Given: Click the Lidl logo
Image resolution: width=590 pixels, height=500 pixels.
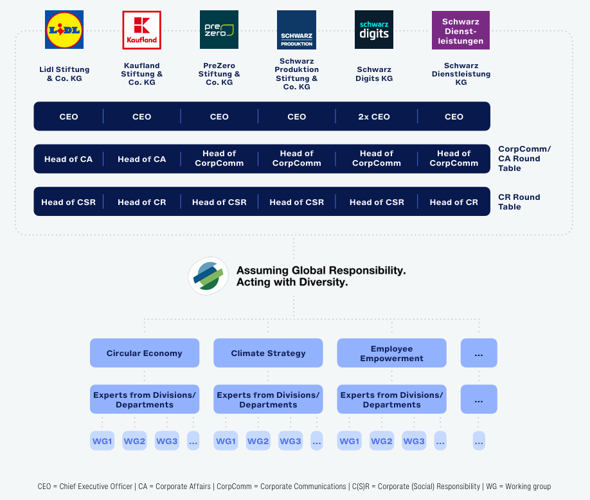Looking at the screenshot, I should (64, 30).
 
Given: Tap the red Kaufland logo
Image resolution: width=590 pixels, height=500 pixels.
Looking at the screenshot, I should (141, 30).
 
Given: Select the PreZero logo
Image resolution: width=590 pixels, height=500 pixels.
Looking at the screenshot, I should (219, 30).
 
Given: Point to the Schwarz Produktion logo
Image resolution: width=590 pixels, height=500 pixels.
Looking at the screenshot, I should (296, 30).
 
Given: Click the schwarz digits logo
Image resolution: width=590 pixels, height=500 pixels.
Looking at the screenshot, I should (374, 30).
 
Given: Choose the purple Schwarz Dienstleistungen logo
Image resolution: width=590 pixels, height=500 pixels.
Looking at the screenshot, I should (460, 30).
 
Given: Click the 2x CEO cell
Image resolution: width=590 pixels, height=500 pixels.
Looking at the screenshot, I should (374, 116).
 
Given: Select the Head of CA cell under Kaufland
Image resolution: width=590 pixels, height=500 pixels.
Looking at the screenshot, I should (141, 159).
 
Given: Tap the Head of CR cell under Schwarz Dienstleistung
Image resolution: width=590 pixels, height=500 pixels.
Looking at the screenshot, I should (454, 202).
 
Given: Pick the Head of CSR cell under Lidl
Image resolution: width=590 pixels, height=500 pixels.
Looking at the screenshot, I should (68, 202).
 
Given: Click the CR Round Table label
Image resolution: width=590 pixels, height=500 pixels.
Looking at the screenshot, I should (519, 202).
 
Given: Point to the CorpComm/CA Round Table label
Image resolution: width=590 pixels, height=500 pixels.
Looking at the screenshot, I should (524, 158).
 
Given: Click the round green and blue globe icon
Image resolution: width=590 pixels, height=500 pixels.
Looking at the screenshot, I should (208, 276).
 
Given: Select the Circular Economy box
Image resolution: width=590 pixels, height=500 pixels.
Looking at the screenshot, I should (144, 353).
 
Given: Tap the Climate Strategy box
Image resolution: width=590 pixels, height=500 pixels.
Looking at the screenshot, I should (268, 353).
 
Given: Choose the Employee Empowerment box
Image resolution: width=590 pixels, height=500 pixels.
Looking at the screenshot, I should (391, 353).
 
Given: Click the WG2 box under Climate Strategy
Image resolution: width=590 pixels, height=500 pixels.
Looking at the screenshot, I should (258, 441).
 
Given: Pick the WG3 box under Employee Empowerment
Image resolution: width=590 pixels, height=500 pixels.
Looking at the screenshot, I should (414, 441).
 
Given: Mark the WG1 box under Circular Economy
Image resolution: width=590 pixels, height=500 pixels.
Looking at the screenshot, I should (102, 441).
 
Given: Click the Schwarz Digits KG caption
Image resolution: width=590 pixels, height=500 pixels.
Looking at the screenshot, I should (374, 74).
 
